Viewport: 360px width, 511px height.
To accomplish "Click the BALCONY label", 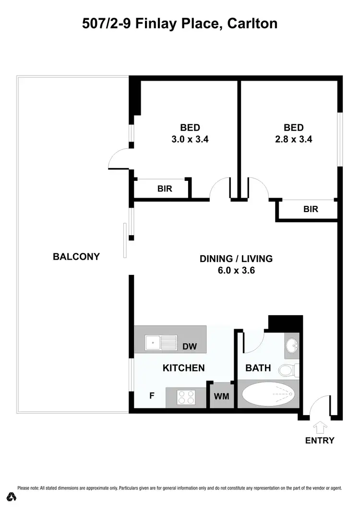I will point(76,256).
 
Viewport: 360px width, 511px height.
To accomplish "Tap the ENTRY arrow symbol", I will point(320,428).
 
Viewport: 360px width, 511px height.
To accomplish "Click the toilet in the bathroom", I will point(288,370).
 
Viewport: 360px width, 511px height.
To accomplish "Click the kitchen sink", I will point(154,342).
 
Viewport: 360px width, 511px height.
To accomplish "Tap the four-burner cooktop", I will point(186,397).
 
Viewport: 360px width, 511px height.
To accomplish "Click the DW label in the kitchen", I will point(190,346).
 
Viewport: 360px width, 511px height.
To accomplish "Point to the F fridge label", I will point(152,396).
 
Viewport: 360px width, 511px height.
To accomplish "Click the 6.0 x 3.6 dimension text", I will point(236,270).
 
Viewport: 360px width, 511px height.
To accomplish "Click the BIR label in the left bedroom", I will point(165,189).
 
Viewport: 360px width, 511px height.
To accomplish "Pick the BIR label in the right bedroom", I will point(310,210).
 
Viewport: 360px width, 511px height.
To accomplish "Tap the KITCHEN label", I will point(184,368).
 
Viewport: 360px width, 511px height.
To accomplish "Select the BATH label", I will point(258,368).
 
